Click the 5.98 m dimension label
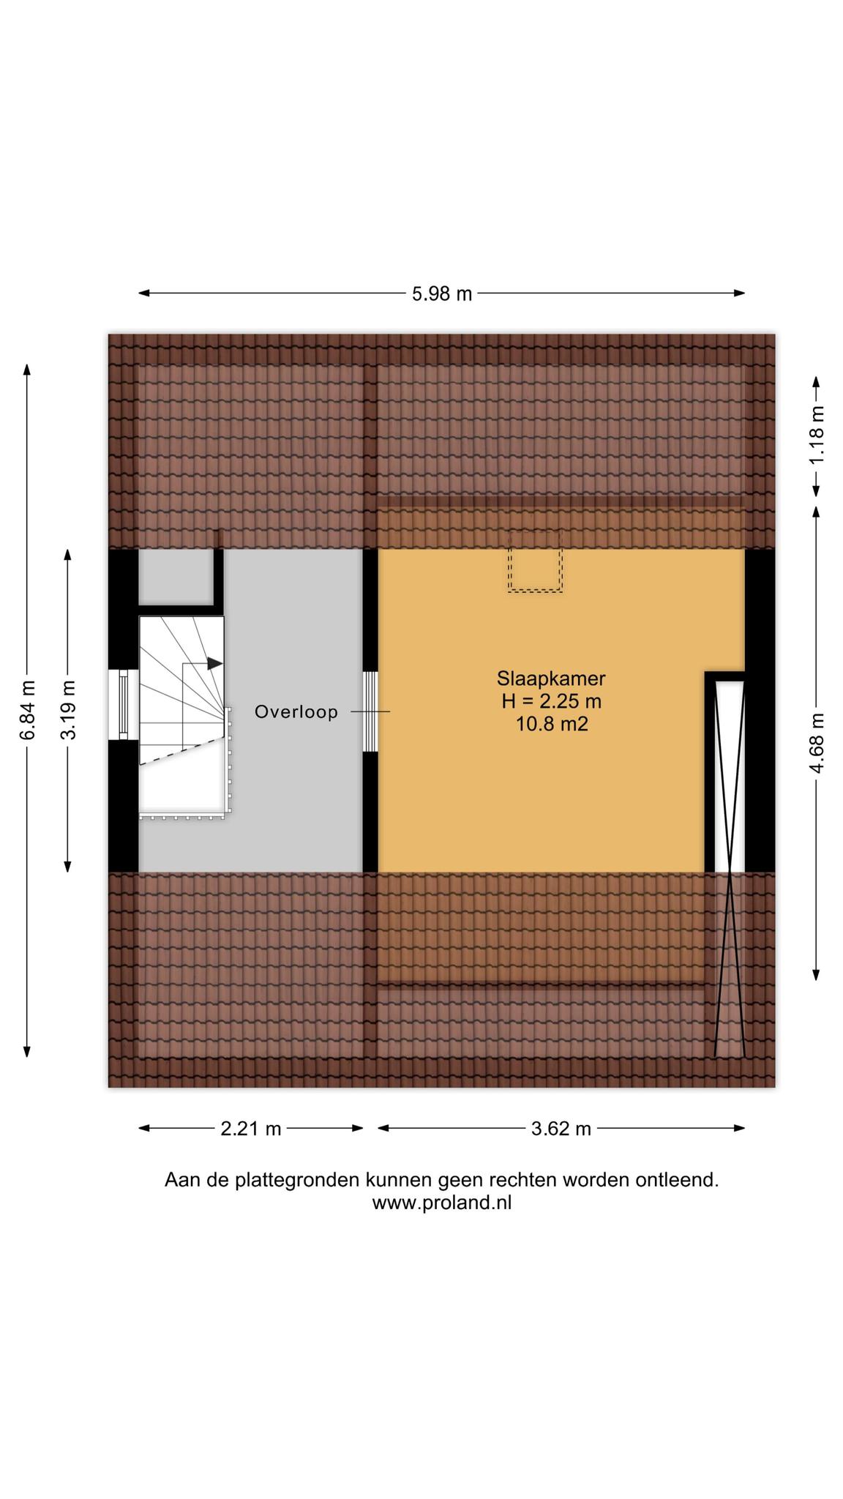(442, 294)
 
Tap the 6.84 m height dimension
(28, 711)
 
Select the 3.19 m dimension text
(68, 711)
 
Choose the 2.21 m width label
(251, 1128)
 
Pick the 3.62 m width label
(561, 1128)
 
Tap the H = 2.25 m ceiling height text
(551, 701)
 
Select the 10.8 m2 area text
(551, 725)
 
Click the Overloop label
(296, 711)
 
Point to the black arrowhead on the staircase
(215, 663)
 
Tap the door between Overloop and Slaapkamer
(371, 711)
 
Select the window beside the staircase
(123, 705)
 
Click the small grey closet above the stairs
(176, 577)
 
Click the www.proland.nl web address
(442, 1203)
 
